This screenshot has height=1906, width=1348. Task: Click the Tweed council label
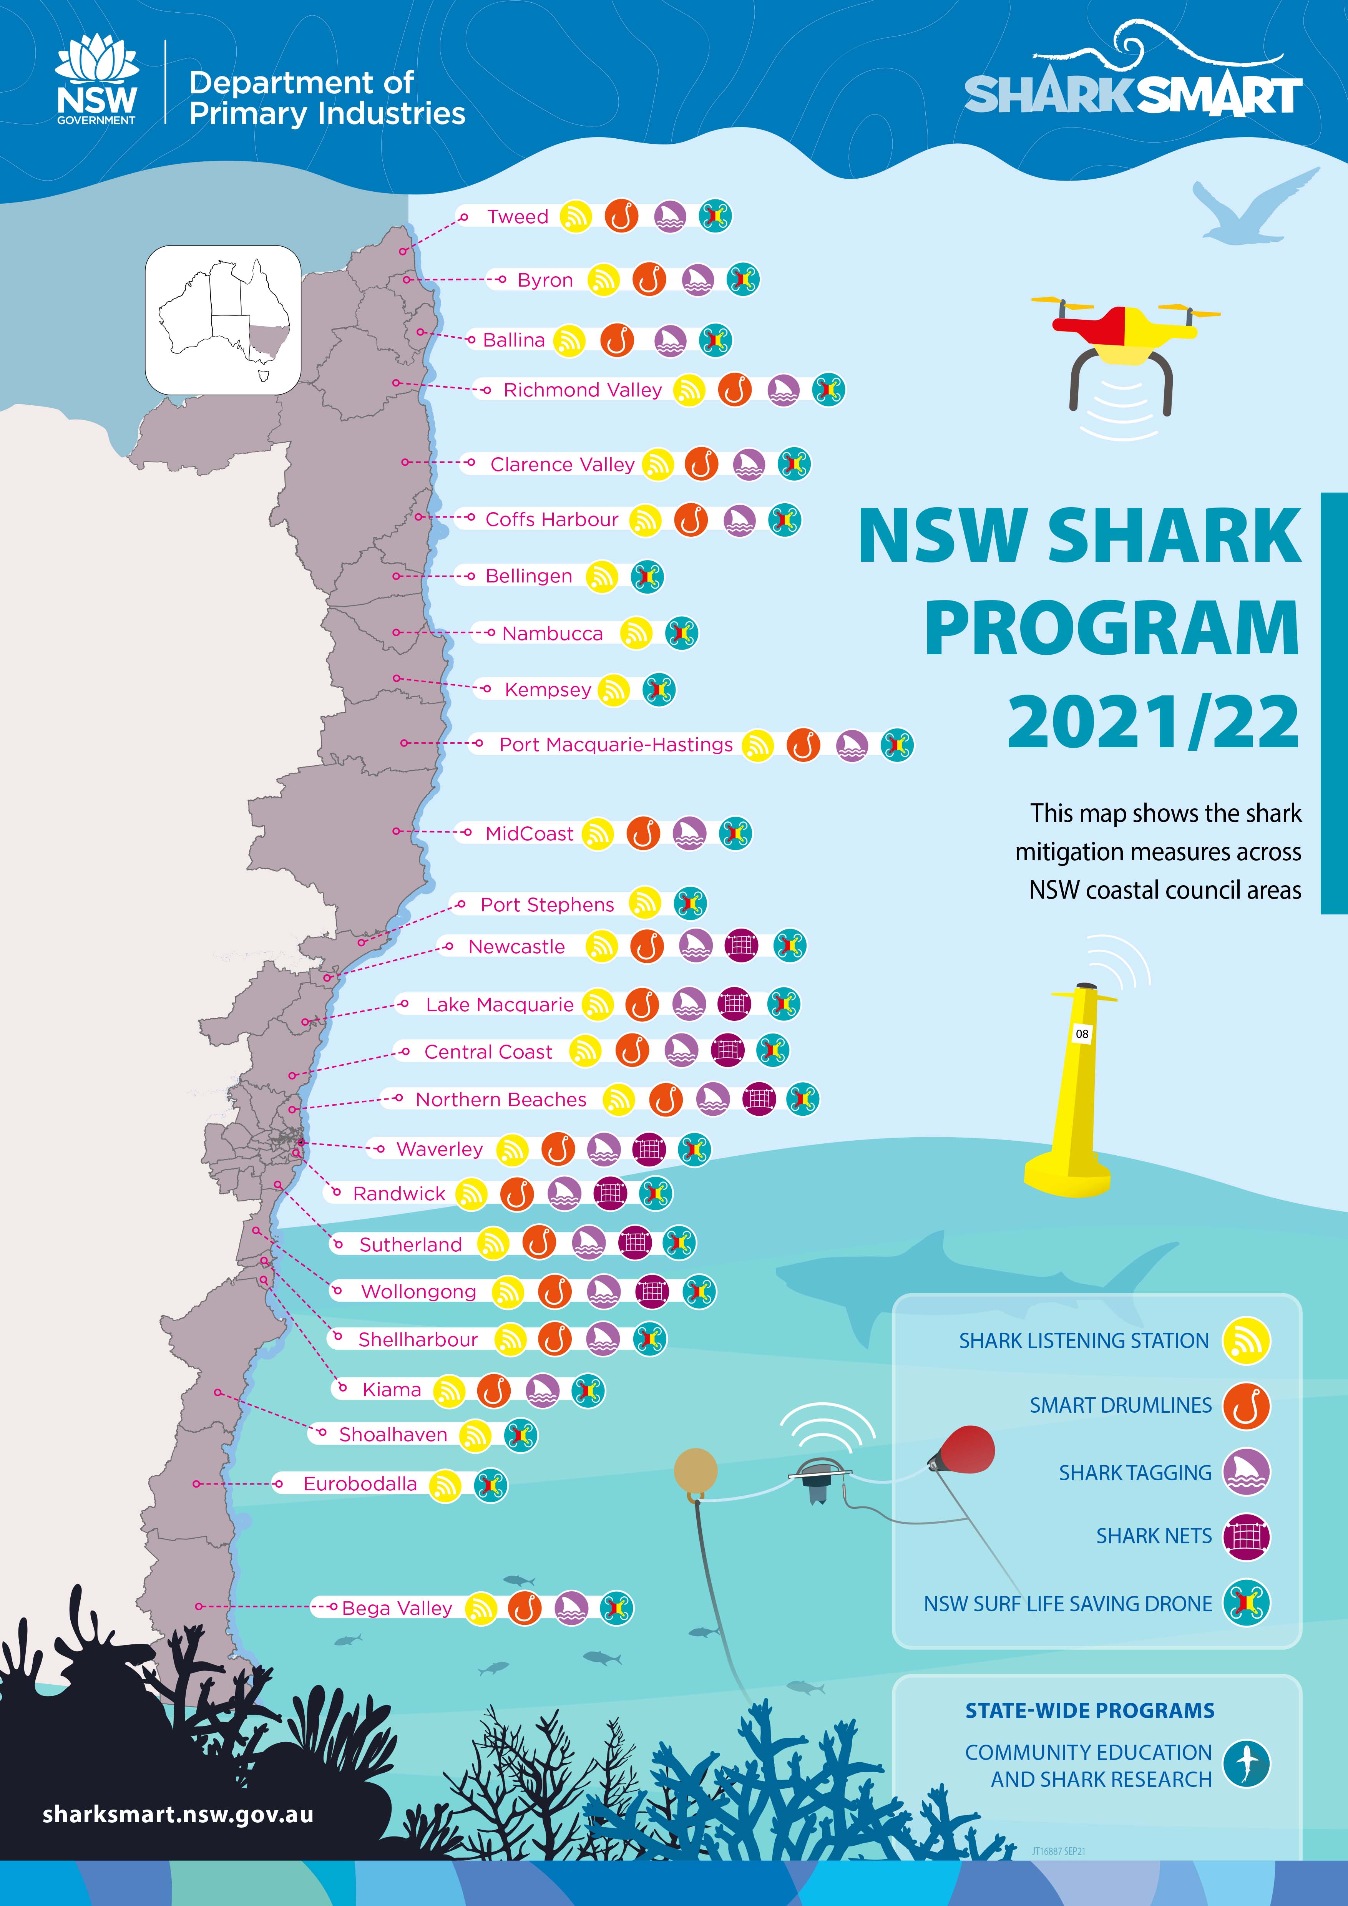click(x=517, y=217)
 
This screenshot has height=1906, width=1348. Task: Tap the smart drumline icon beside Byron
click(x=649, y=280)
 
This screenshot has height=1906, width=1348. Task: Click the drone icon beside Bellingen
click(x=647, y=576)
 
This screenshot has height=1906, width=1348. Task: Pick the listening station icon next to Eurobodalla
click(x=445, y=1484)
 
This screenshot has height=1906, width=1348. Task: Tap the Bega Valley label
click(x=397, y=1608)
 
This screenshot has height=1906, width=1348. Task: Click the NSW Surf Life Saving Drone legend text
click(x=1067, y=1604)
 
